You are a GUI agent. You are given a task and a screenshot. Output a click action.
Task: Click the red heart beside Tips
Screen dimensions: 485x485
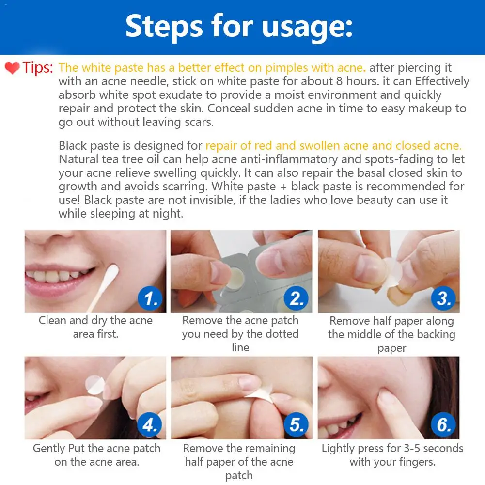click(x=13, y=68)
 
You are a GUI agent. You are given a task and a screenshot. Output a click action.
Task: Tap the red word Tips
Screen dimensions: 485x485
click(x=37, y=67)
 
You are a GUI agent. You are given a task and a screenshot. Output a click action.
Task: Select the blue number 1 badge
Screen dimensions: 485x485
click(x=150, y=298)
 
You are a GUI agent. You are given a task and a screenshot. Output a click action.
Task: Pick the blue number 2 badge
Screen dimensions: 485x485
click(x=297, y=298)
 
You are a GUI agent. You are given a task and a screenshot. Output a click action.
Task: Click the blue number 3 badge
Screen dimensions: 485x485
click(x=443, y=298)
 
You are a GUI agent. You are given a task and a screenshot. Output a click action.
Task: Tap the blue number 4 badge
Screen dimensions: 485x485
click(x=150, y=425)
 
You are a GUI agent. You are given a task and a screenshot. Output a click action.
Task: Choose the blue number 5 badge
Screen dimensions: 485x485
click(x=297, y=425)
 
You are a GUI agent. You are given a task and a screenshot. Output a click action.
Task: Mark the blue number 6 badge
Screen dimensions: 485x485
click(x=443, y=425)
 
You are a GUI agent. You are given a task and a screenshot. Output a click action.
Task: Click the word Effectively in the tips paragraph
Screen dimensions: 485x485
click(x=442, y=81)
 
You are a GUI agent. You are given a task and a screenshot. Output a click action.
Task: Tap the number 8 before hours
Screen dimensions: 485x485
click(x=339, y=81)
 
